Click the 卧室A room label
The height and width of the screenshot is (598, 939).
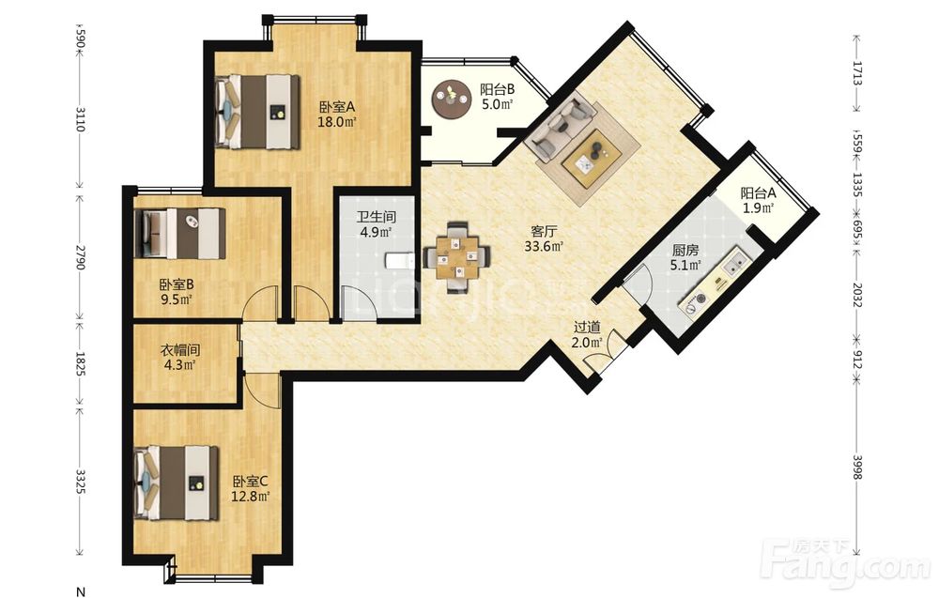[x=337, y=108]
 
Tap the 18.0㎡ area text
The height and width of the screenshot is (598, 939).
[x=337, y=123]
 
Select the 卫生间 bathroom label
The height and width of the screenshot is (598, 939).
[x=376, y=217]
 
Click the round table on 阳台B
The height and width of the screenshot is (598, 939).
[x=451, y=98]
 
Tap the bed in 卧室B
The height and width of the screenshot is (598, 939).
[x=179, y=233]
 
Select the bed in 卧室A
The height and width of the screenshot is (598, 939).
[x=257, y=112]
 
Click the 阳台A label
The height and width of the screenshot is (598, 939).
[x=758, y=193]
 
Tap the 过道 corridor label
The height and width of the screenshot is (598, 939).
[x=587, y=328]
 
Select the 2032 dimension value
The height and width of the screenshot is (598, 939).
[x=857, y=295]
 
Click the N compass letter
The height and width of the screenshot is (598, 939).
[x=81, y=592]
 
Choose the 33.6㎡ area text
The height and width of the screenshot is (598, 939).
[x=544, y=246]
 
